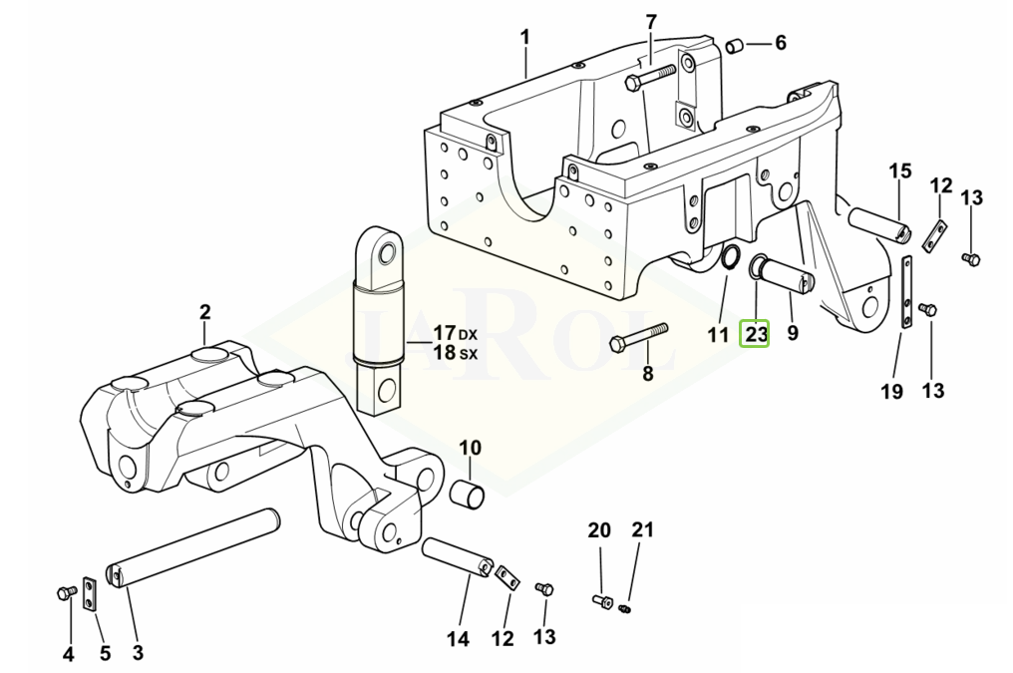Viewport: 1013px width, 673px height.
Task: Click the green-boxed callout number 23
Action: [756, 333]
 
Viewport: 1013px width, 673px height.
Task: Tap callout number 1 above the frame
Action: [525, 38]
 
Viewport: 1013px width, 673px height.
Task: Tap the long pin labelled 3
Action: [193, 553]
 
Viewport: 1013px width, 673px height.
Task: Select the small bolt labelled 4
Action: [67, 594]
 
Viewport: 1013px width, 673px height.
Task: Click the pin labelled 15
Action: [877, 223]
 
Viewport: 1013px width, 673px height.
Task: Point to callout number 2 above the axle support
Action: [204, 312]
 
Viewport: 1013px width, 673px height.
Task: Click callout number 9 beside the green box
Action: [793, 333]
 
